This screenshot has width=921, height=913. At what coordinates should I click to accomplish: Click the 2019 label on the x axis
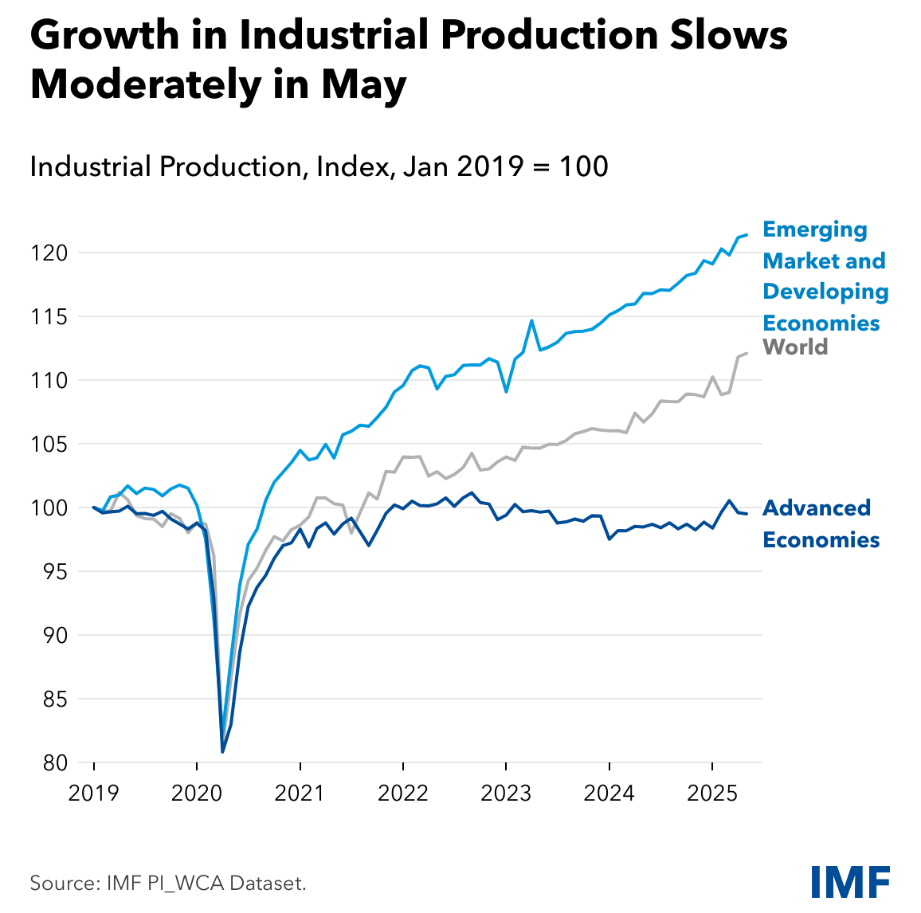[94, 793]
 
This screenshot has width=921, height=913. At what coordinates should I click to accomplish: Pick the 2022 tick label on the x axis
[403, 793]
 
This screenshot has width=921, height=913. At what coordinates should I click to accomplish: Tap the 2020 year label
[197, 793]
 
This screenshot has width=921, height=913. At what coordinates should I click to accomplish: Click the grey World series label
[795, 347]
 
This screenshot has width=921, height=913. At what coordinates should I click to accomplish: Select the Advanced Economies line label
[821, 524]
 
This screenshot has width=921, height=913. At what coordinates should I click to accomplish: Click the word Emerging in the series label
[815, 230]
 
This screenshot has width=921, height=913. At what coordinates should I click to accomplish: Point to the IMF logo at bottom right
[850, 881]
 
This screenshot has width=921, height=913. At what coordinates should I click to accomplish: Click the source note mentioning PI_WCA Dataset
[168, 883]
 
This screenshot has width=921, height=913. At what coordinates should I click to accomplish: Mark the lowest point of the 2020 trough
[223, 751]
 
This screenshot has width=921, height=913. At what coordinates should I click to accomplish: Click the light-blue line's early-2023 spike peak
[531, 320]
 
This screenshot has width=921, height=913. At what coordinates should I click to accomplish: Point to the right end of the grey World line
[747, 353]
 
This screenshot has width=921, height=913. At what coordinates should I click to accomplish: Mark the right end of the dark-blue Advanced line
[747, 514]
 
